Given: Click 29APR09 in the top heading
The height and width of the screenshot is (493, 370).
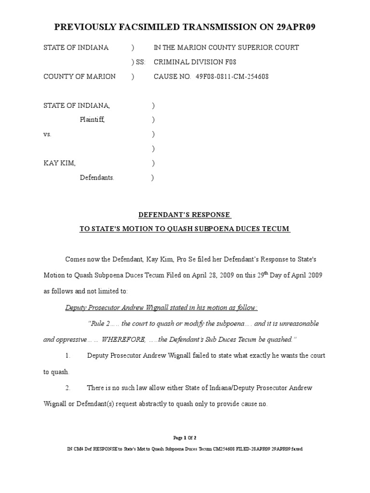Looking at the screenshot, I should pyautogui.click(x=290, y=27).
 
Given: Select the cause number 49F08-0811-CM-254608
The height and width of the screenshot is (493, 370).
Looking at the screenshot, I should pyautogui.click(x=232, y=77).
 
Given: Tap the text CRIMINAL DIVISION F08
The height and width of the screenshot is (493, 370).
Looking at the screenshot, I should pyautogui.click(x=195, y=62).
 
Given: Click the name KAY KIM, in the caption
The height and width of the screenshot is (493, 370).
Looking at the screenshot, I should pyautogui.click(x=60, y=163).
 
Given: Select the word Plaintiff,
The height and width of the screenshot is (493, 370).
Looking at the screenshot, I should pyautogui.click(x=92, y=120).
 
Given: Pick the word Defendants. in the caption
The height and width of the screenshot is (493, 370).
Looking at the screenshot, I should pyautogui.click(x=97, y=178).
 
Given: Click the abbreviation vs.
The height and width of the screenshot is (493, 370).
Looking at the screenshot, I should pyautogui.click(x=47, y=134).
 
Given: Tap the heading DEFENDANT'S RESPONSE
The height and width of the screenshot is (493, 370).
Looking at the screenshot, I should pyautogui.click(x=185, y=215).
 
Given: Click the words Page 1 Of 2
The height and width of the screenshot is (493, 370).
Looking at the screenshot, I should pyautogui.click(x=185, y=438).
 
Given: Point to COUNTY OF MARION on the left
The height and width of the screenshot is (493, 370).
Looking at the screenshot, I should pyautogui.click(x=79, y=77).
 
